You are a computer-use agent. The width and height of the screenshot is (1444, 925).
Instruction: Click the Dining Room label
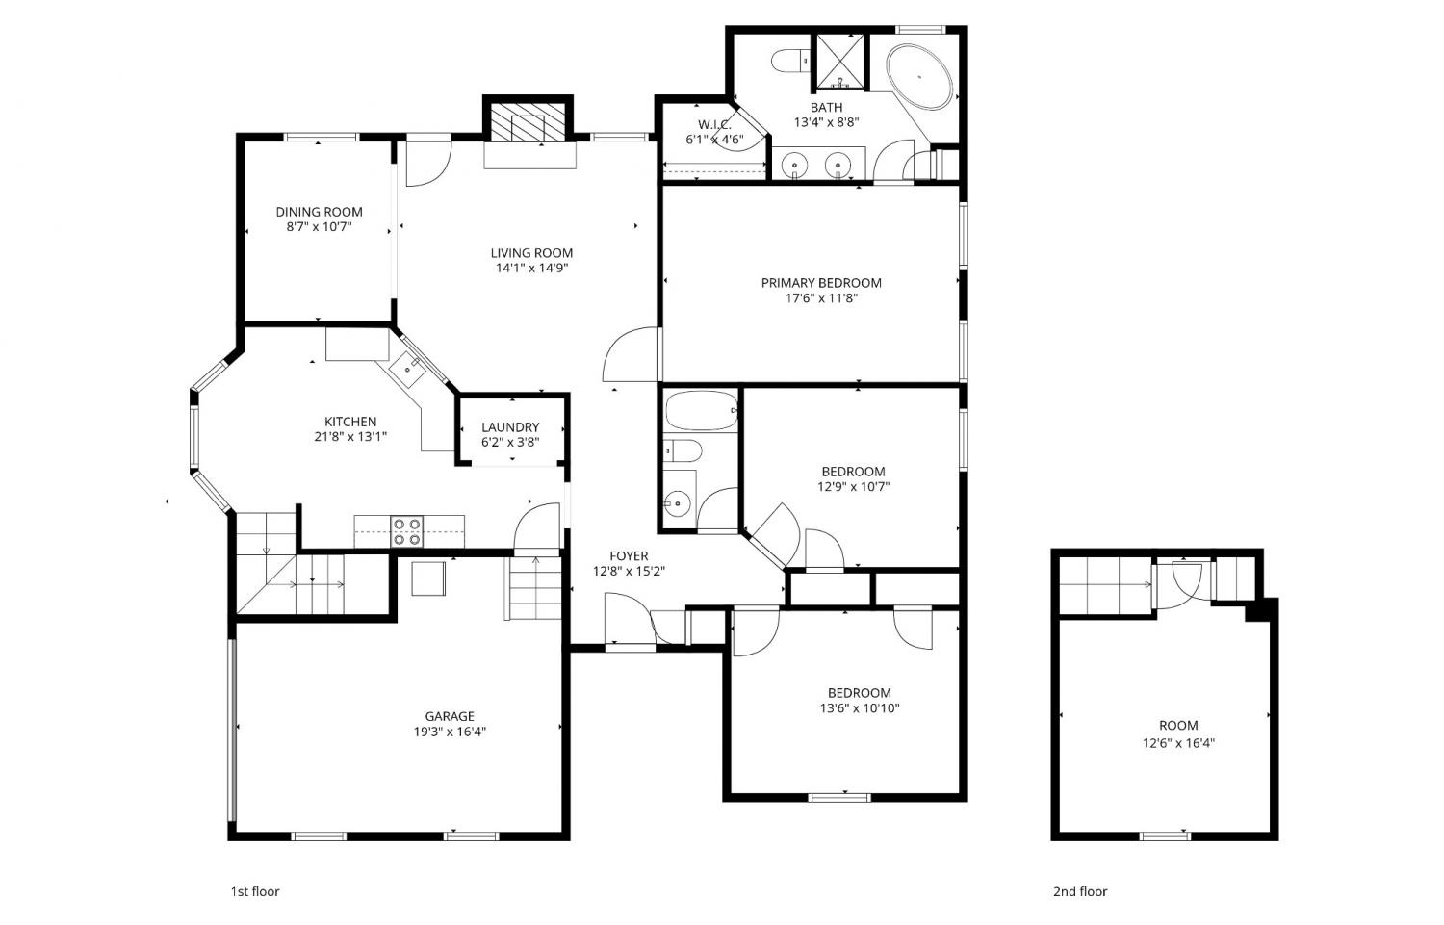pyautogui.click(x=319, y=212)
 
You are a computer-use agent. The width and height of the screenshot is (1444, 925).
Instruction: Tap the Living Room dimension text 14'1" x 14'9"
pyautogui.click(x=531, y=269)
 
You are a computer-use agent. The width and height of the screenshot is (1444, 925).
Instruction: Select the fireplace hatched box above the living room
pyautogui.click(x=528, y=120)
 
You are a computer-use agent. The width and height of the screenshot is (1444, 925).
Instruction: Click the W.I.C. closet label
pyautogui.click(x=714, y=124)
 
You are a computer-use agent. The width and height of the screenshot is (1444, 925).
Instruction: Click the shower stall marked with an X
pyautogui.click(x=840, y=62)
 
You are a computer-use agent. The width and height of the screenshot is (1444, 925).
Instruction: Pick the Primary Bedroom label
pyautogui.click(x=821, y=282)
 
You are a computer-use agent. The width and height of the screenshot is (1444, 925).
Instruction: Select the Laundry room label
pyautogui.click(x=510, y=426)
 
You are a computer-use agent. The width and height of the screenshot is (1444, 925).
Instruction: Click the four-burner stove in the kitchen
pyautogui.click(x=407, y=531)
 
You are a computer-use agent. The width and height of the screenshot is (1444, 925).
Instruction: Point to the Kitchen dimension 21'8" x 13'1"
pyautogui.click(x=350, y=436)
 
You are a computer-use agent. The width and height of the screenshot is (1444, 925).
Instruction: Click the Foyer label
pyautogui.click(x=629, y=555)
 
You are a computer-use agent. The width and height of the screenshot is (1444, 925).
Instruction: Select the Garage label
pyautogui.click(x=450, y=716)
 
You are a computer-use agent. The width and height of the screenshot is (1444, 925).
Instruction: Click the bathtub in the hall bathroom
pyautogui.click(x=702, y=411)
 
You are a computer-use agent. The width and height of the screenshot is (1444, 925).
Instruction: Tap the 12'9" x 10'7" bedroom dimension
pyautogui.click(x=854, y=487)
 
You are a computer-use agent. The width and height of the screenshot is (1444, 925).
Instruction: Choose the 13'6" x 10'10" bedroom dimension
pyautogui.click(x=860, y=708)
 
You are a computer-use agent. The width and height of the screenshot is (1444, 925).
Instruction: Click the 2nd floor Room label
pyautogui.click(x=1178, y=725)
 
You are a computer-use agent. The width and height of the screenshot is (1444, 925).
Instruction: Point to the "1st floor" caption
pyautogui.click(x=255, y=891)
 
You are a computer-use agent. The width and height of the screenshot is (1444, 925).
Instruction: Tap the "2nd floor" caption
pyautogui.click(x=1080, y=891)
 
